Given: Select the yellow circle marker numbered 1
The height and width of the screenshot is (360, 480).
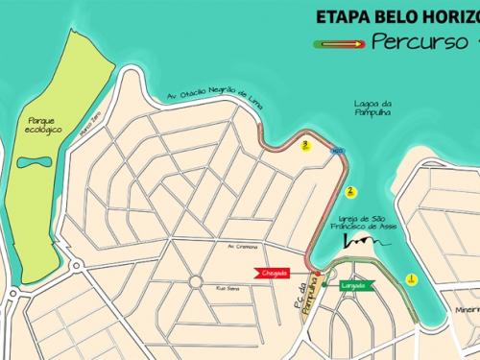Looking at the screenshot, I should (411, 279).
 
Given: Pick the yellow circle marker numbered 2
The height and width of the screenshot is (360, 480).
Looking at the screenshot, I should (351, 191).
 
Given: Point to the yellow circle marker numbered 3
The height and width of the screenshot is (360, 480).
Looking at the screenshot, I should (305, 146).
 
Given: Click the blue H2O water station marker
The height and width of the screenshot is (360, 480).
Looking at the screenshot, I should (337, 152).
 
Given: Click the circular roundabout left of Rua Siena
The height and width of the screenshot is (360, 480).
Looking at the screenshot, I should (195, 281).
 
